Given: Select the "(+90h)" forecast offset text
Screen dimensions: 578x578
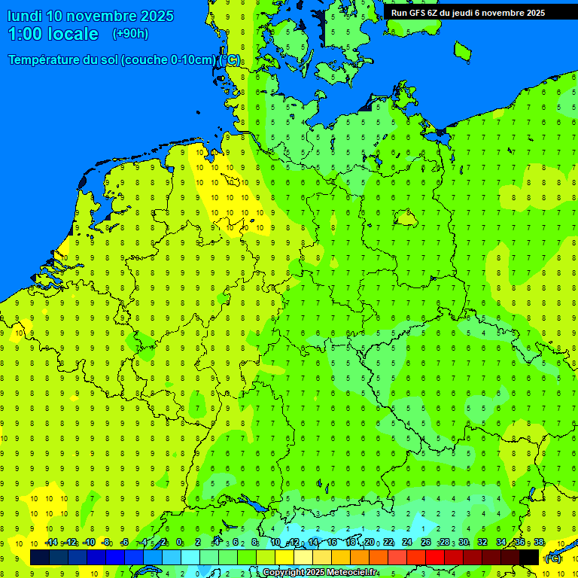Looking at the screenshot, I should pyautogui.click(x=130, y=33).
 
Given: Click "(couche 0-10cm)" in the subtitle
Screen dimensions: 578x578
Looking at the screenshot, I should pyautogui.click(x=172, y=60).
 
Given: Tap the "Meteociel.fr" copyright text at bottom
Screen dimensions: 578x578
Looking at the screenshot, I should pyautogui.click(x=348, y=573).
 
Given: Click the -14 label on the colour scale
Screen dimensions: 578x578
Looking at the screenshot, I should pyautogui.click(x=51, y=543).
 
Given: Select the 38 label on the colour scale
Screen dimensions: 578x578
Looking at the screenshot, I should pyautogui.click(x=539, y=543).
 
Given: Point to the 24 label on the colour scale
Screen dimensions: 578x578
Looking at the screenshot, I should pyautogui.click(x=407, y=543).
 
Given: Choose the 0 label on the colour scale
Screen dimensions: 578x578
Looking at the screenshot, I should pyautogui.click(x=179, y=543).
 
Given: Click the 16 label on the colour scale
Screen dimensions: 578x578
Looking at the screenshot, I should pyautogui.click(x=332, y=543).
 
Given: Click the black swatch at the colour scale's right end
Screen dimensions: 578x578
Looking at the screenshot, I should pyautogui.click(x=529, y=557).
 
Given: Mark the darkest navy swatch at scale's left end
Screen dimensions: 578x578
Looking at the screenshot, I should pyautogui.click(x=40, y=557).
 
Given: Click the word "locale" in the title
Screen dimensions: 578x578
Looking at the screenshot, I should pyautogui.click(x=73, y=34).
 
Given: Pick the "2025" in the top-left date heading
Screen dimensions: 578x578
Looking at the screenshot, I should pyautogui.click(x=156, y=16).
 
